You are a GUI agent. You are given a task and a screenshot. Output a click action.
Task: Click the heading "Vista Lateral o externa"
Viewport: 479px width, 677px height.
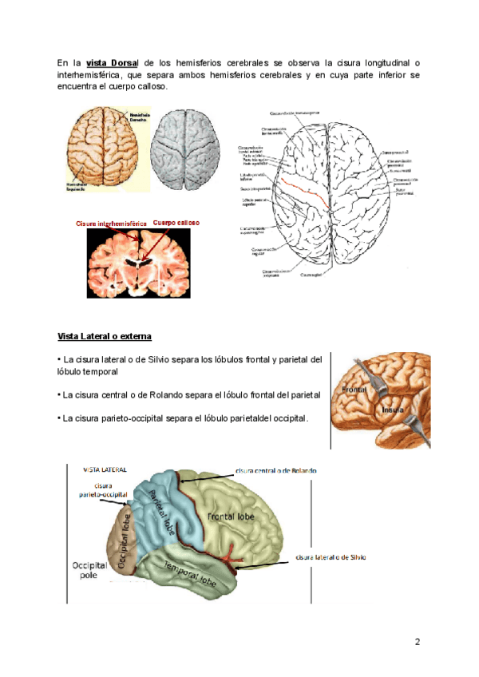pyautogui.click(x=105, y=335)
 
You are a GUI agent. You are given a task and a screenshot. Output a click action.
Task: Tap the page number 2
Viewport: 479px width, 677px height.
pyautogui.click(x=417, y=642)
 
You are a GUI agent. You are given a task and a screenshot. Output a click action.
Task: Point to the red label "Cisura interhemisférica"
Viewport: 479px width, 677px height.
pyautogui.click(x=112, y=224)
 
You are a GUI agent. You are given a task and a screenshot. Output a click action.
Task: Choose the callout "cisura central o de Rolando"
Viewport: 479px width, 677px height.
pyautogui.click(x=276, y=471)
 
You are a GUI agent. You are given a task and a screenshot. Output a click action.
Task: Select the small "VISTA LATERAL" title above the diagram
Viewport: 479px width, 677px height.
pyautogui.click(x=105, y=471)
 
